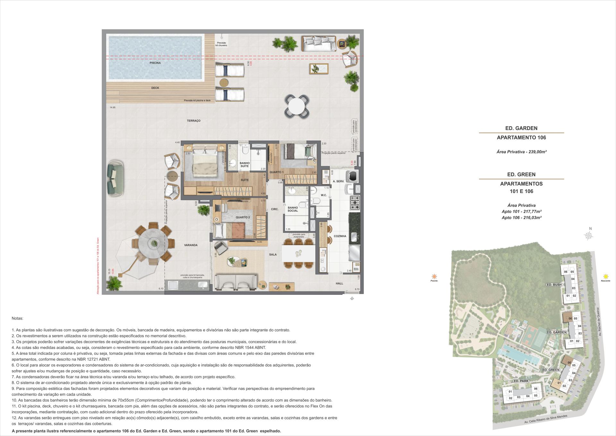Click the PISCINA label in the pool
pyautogui.click(x=155, y=63)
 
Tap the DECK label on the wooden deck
pyautogui.click(x=155, y=88)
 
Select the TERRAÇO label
pyautogui.click(x=193, y=121)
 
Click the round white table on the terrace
pyautogui.click(x=298, y=106)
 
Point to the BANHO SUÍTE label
pyautogui.click(x=244, y=165)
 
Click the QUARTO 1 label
pyautogui.click(x=276, y=172)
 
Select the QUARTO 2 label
pyautogui.click(x=243, y=217)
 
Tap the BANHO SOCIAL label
pyautogui.click(x=293, y=209)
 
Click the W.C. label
pyautogui.click(x=323, y=195)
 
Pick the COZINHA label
pyautogui.click(x=340, y=236)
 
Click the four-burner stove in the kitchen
pyautogui.click(x=355, y=202)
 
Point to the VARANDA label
pyautogui.click(x=191, y=245)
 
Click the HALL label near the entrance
pyautogui.click(x=339, y=283)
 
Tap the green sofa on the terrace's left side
pyautogui.click(x=115, y=178)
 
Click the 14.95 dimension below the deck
pyautogui.click(x=112, y=108)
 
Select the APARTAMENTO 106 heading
pyautogui.click(x=521, y=137)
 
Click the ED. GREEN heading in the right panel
pyautogui.click(x=521, y=175)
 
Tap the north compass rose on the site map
pyautogui.click(x=589, y=236)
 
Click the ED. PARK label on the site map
pyautogui.click(x=521, y=381)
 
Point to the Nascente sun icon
pyautogui.click(x=606, y=276)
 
